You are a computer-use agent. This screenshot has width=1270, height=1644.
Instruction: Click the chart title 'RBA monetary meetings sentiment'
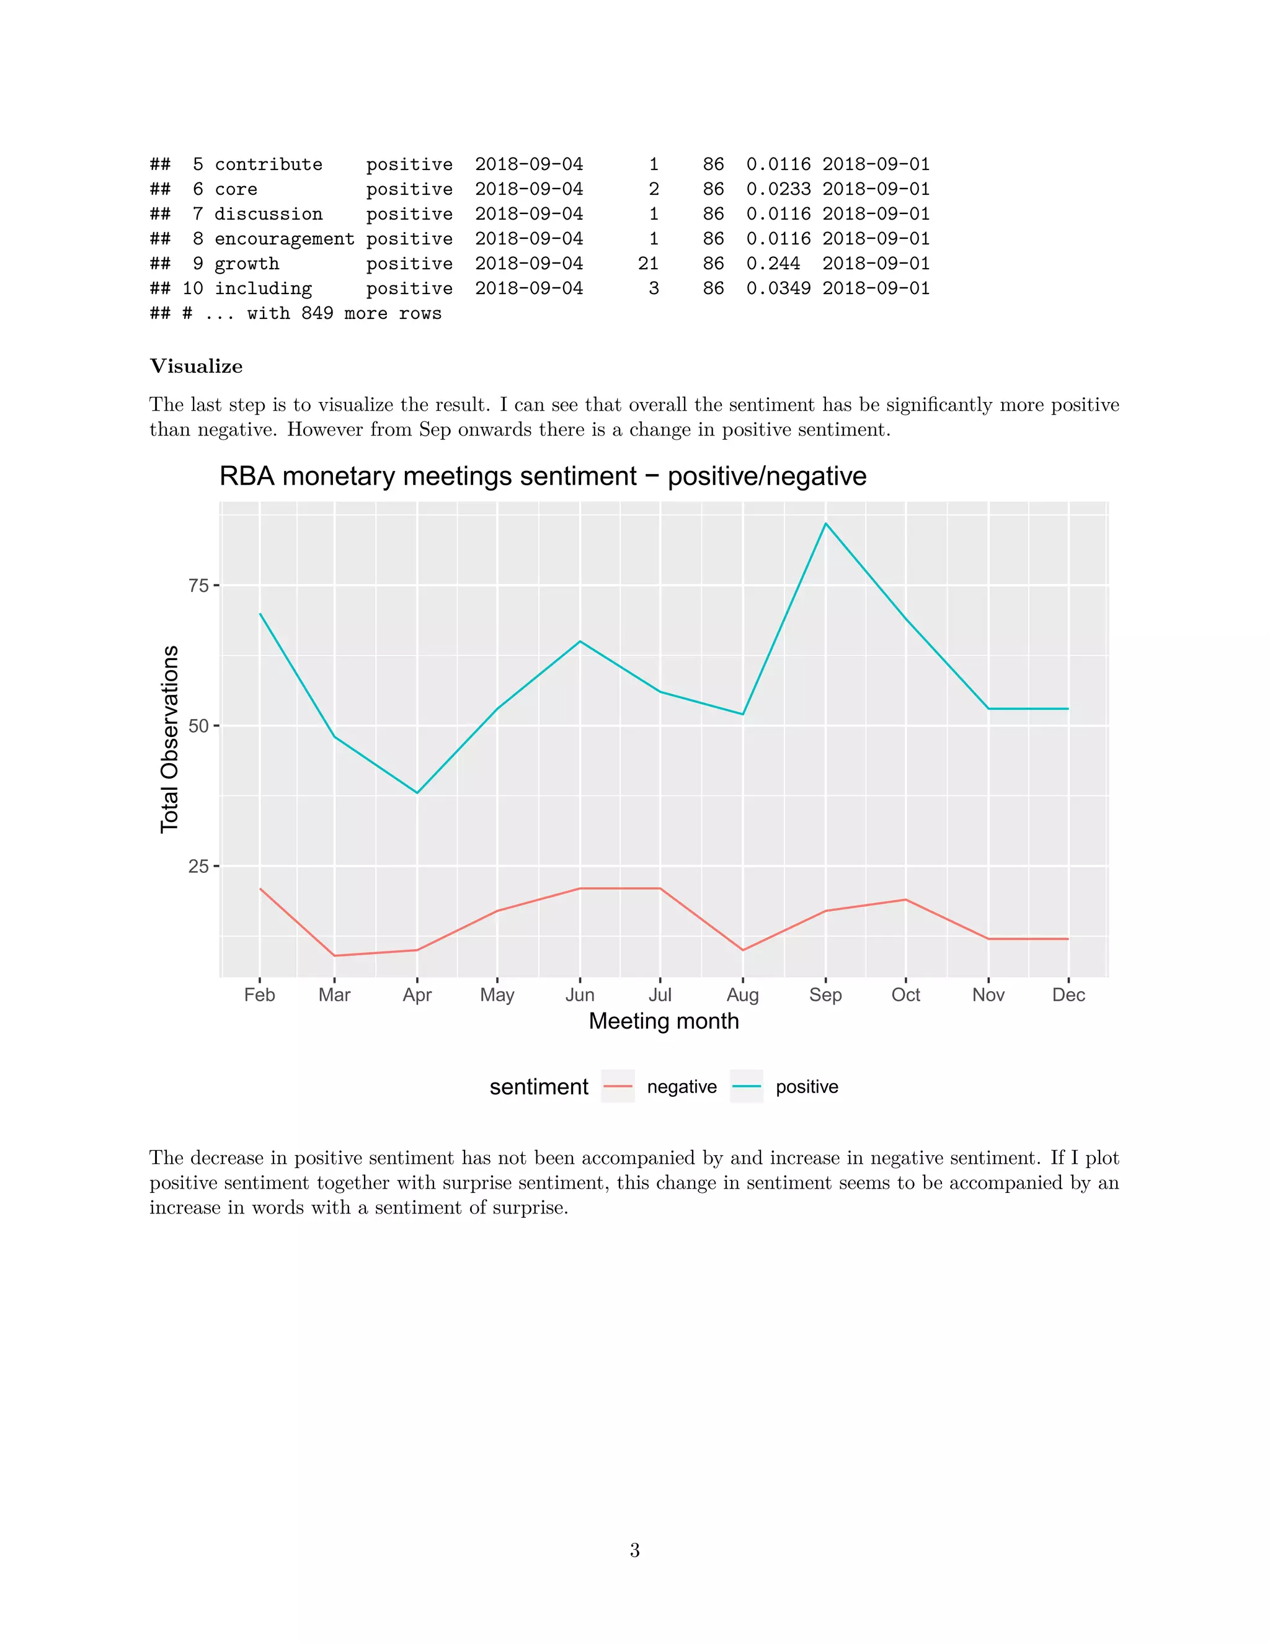click(x=543, y=476)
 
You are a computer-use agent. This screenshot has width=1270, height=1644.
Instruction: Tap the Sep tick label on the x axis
click(x=825, y=995)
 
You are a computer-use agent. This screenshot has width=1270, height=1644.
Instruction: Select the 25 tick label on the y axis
click(x=198, y=867)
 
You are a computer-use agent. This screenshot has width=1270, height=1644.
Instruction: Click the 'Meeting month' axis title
click(x=664, y=1022)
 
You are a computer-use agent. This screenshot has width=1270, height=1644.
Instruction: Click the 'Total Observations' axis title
click(x=170, y=739)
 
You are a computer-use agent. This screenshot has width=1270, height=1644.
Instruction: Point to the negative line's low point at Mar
click(x=335, y=956)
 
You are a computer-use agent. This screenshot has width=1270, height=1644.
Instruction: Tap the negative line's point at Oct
click(x=906, y=900)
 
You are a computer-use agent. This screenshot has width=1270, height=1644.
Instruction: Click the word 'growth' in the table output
click(x=247, y=264)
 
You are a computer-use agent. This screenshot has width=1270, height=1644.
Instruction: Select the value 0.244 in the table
click(x=773, y=264)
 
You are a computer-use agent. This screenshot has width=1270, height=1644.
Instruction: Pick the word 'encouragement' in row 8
click(x=285, y=239)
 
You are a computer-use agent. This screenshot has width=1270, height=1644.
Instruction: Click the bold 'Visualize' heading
click(x=197, y=367)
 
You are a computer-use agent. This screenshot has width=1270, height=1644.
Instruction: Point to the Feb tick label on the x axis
click(x=260, y=995)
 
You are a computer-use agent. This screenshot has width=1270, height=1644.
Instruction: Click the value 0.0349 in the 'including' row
click(x=778, y=289)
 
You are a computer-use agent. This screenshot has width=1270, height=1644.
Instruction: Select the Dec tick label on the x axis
click(x=1068, y=995)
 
